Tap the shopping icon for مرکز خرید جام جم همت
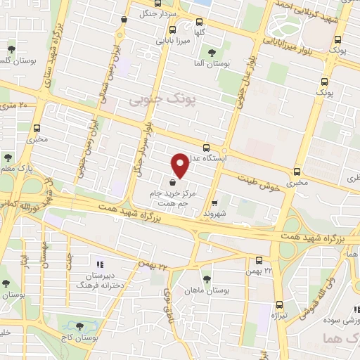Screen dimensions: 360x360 click(x=173, y=182)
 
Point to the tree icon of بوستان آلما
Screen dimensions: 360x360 click(x=212, y=53)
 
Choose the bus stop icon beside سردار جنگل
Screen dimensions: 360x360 click(x=124, y=19)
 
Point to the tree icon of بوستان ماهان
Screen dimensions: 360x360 click(x=205, y=278)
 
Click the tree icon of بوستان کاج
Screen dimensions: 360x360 click(x=79, y=326)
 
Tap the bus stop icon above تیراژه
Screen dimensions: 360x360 click(x=280, y=304)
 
